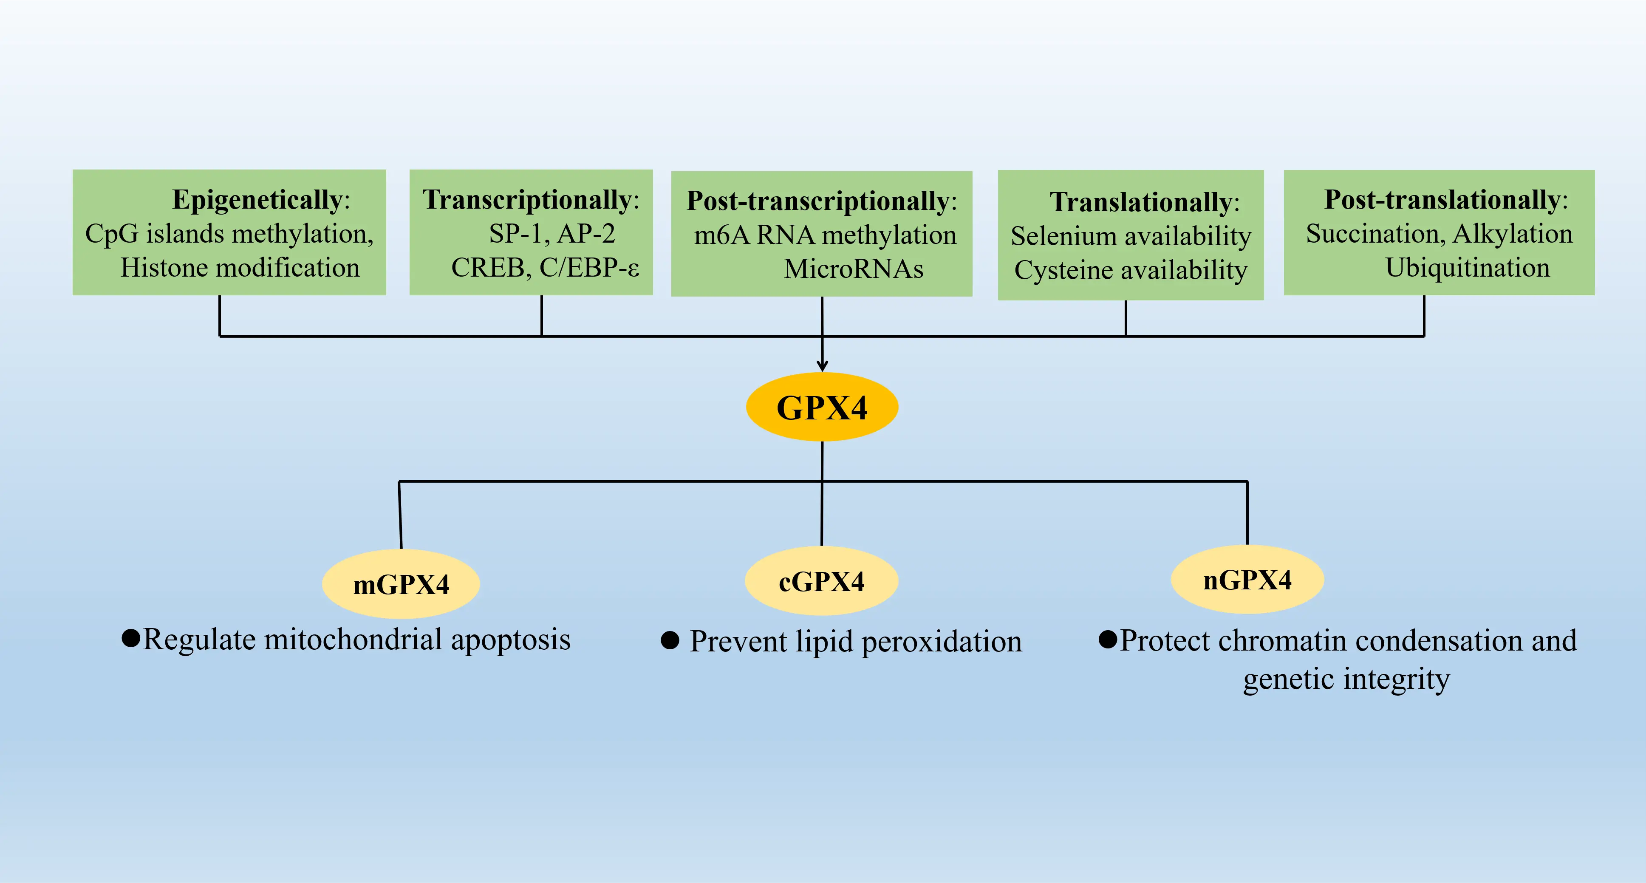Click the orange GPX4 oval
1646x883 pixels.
[822, 407]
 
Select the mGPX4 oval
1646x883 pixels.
[401, 584]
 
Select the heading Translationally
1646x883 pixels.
[1140, 203]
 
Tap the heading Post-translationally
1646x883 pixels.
[1442, 200]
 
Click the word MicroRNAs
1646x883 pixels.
[853, 269]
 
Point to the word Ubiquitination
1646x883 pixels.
[1467, 268]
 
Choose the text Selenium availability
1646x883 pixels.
[1130, 236]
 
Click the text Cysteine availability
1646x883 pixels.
[1130, 270]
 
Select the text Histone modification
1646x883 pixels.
[240, 268]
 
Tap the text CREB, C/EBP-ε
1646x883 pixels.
[544, 268]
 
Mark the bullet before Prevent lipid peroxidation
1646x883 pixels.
[670, 640]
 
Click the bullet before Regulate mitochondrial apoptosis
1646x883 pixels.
[130, 638]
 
